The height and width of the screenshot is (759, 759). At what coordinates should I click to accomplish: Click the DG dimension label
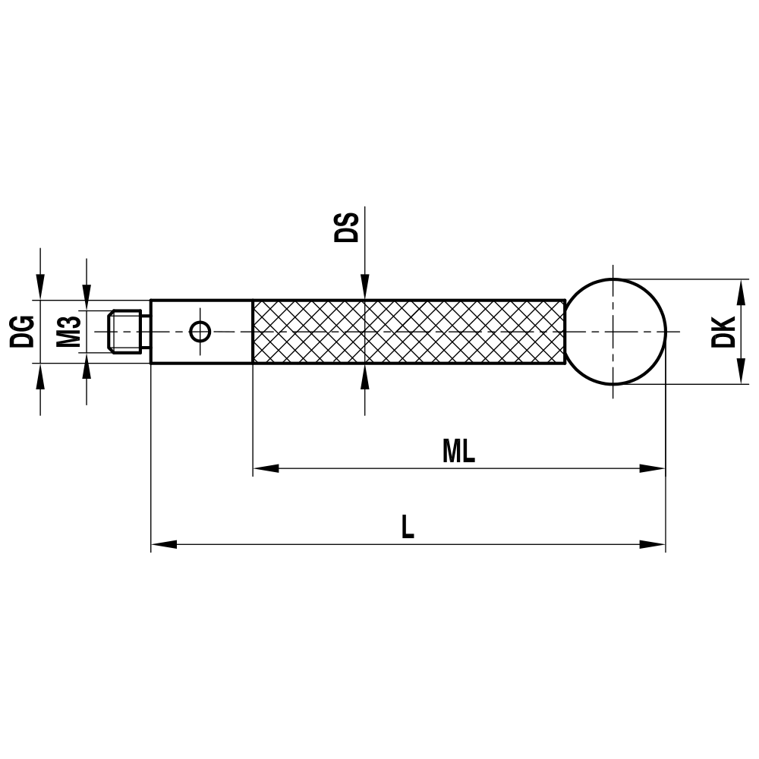tap(24, 332)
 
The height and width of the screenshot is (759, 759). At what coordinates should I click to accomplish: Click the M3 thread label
tap(69, 332)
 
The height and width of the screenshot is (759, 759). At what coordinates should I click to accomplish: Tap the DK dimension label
tap(724, 331)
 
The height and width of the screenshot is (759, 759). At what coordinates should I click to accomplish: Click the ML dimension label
tap(458, 452)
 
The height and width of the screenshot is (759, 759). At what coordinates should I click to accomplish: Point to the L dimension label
tap(408, 528)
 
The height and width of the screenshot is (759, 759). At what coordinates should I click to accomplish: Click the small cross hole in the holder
tap(200, 332)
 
